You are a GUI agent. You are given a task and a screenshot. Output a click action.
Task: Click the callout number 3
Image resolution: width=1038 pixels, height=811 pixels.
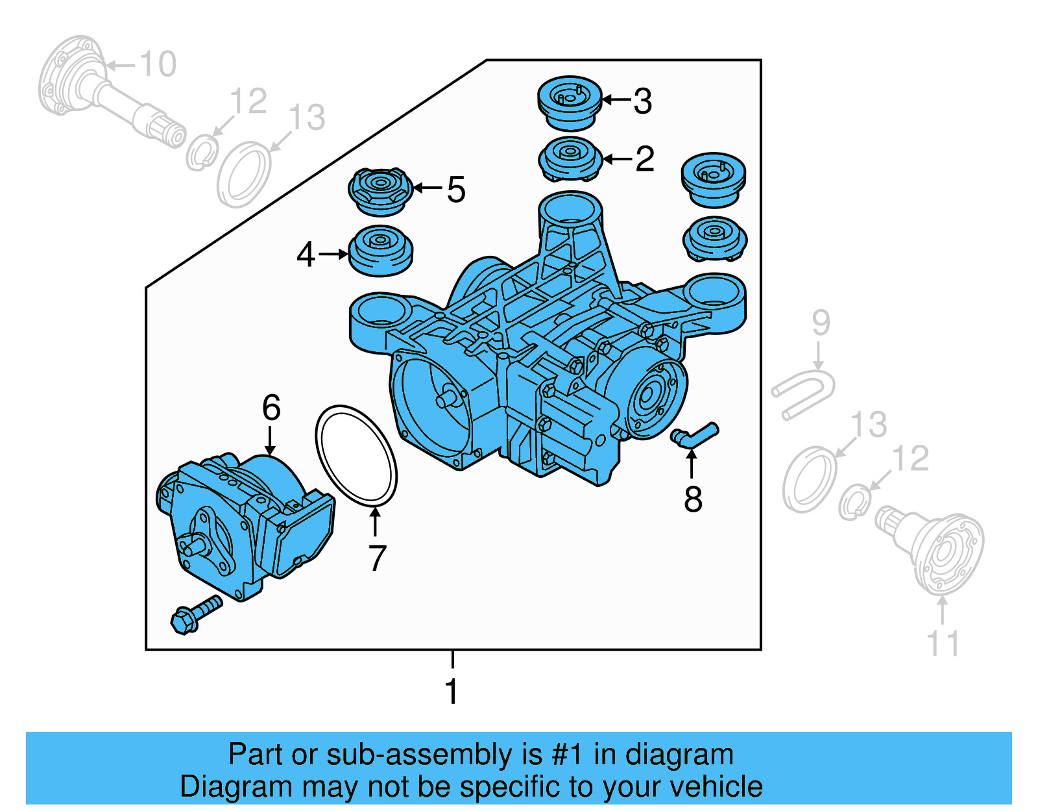[642, 101]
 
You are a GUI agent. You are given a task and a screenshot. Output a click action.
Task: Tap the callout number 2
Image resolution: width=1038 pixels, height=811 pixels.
[644, 159]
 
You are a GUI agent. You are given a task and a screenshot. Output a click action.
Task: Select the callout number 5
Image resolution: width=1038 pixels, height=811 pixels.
[456, 190]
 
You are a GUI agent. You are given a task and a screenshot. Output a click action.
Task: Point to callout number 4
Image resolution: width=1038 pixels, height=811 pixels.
[306, 255]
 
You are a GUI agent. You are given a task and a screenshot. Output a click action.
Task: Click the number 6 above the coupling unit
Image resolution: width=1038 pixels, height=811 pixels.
[271, 408]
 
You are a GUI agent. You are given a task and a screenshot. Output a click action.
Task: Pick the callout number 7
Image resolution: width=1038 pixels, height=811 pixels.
[377, 558]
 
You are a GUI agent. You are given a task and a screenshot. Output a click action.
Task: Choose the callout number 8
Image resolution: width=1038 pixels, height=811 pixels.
[693, 499]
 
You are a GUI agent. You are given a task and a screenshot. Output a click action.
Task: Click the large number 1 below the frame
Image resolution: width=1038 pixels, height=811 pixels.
[452, 691]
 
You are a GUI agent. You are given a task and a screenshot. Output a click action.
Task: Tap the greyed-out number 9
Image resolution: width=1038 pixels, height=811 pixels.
[821, 323]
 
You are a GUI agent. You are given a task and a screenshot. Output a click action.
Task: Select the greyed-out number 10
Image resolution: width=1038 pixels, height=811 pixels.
[158, 64]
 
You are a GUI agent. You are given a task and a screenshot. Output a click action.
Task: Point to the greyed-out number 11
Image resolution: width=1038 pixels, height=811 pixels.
[943, 643]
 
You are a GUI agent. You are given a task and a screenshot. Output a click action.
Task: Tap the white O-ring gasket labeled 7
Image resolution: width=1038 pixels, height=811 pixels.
[356, 455]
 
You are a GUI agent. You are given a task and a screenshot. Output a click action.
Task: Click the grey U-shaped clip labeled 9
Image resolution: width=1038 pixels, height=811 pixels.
[803, 393]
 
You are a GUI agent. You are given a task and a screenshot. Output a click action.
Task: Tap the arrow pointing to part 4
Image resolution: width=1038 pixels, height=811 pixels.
[333, 255]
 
